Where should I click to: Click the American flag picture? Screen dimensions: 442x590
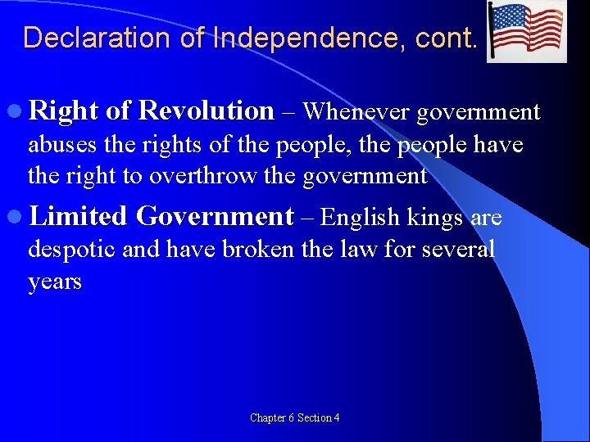click(526, 32)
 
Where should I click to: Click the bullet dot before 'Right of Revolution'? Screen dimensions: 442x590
click(17, 111)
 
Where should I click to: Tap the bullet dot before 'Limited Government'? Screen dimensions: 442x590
click(17, 218)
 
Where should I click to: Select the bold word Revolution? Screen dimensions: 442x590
click(206, 110)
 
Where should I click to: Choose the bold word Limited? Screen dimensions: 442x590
click(78, 217)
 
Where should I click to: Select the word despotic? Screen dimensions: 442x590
click(73, 250)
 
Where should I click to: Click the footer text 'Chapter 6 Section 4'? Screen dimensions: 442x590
click(295, 418)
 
